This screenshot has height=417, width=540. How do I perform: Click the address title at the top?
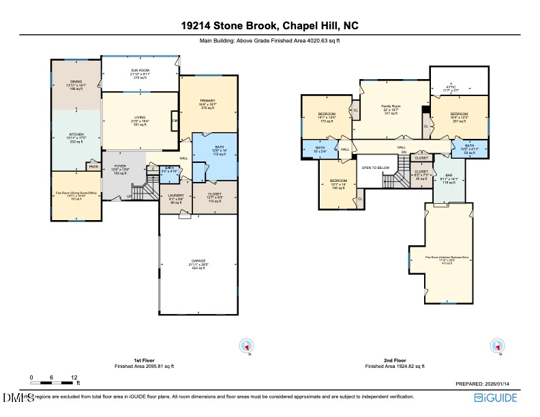269,26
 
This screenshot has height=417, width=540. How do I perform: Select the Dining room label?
75,84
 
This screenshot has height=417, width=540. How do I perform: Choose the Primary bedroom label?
207,104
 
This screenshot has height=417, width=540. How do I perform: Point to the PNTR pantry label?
92,166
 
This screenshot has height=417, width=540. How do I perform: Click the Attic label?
451,88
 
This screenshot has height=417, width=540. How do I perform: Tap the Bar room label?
449,179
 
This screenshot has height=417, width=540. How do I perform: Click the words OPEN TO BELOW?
375,167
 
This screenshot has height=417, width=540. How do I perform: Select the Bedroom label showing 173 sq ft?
327,117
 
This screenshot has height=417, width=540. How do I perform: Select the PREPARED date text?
486,384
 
